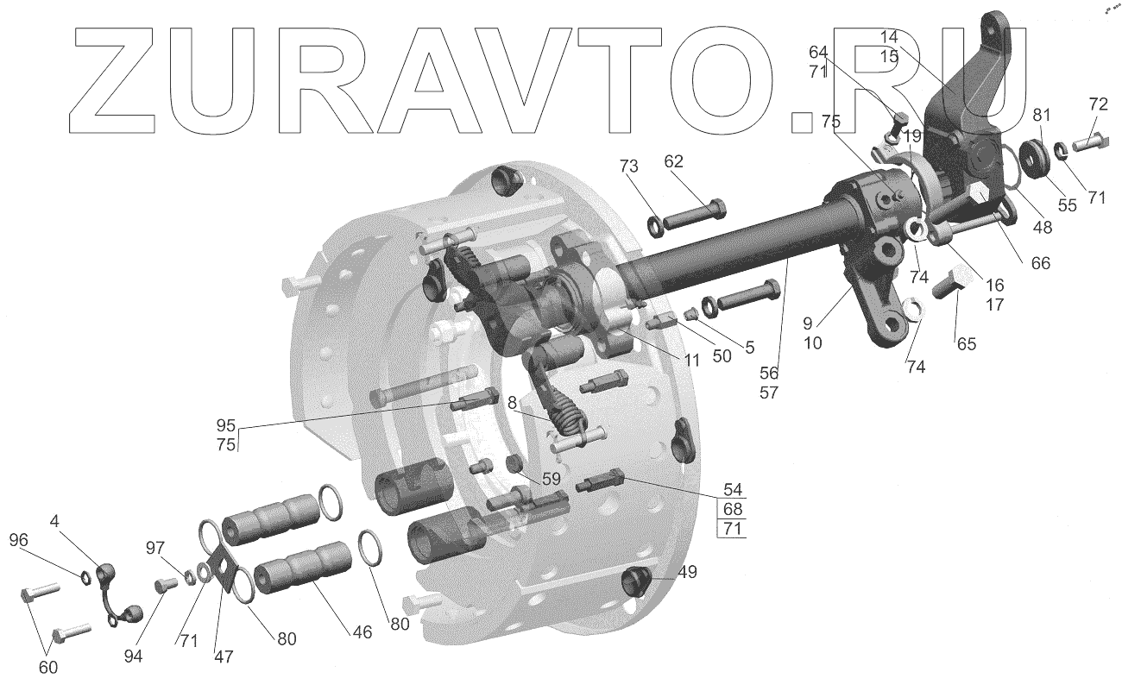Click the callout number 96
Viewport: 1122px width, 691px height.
click(18, 541)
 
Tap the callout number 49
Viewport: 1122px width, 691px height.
click(687, 572)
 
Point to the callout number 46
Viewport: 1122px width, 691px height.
click(362, 632)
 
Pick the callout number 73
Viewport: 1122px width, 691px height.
click(628, 165)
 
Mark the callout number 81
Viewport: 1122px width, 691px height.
click(1043, 114)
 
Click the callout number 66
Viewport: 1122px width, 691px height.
click(1041, 263)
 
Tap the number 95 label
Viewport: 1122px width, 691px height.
click(226, 426)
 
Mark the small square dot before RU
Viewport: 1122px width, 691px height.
click(802, 123)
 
